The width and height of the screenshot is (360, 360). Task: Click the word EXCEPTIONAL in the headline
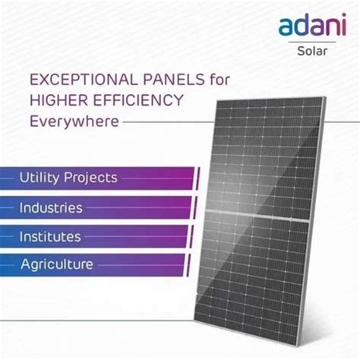click(x=73, y=79)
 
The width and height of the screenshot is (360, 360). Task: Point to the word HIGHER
click(x=57, y=99)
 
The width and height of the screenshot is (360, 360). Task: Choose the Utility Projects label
click(x=68, y=178)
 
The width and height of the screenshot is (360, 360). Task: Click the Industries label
click(x=50, y=207)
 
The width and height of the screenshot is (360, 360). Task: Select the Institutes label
click(x=50, y=236)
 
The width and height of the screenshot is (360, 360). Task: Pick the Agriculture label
click(x=56, y=264)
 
